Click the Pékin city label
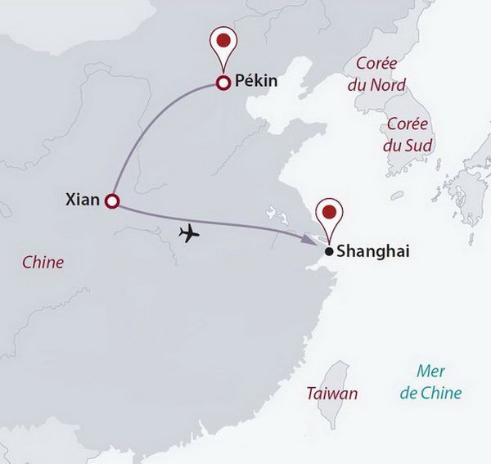(x=257, y=82)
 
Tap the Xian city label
(x=82, y=199)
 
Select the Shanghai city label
(x=370, y=253)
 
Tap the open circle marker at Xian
(x=112, y=201)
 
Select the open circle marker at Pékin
(x=221, y=82)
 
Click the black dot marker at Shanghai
(x=328, y=252)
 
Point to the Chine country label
(x=43, y=263)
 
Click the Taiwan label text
(x=331, y=394)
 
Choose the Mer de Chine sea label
(x=430, y=382)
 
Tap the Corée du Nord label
(x=376, y=74)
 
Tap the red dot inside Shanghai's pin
(x=329, y=211)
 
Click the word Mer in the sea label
(x=430, y=372)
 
